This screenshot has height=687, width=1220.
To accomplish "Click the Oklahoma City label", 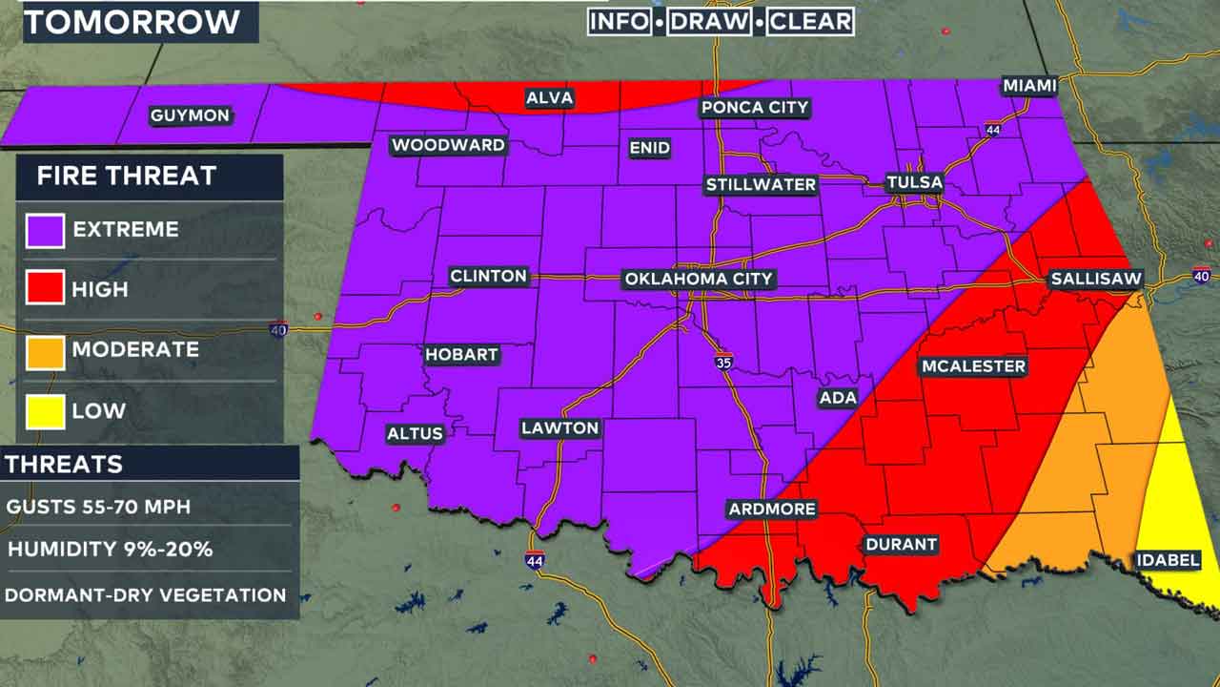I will [699, 280].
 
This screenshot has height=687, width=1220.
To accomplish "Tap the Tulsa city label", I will [914, 182].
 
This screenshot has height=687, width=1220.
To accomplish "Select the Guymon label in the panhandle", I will [191, 115].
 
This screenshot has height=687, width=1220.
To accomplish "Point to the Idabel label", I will [1168, 560].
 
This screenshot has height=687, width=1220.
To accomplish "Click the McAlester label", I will [973, 366].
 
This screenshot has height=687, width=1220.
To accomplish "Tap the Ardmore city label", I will [772, 509].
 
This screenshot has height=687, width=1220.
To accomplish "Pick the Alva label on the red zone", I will [548, 98].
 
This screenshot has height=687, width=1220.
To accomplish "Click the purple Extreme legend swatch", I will [46, 229].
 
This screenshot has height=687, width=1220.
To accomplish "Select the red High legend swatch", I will [46, 289].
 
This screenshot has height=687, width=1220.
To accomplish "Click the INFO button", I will [620, 22].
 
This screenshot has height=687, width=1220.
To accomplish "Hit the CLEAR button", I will [809, 22].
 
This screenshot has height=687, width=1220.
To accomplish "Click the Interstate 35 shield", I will [725, 361].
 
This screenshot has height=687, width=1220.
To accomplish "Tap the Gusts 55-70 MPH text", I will [98, 507].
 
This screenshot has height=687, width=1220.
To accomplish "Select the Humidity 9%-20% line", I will [110, 550].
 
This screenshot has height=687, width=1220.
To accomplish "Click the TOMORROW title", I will [132, 21].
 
